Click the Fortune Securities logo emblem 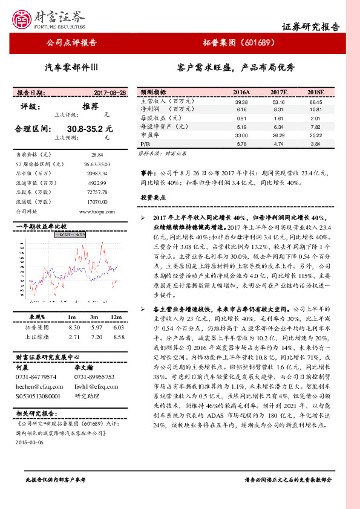coord(25,19)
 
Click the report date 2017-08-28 coord(110,92)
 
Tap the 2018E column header coord(315,92)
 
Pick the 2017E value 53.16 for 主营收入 coord(278,102)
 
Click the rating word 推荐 coord(90,106)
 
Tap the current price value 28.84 coord(97,155)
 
